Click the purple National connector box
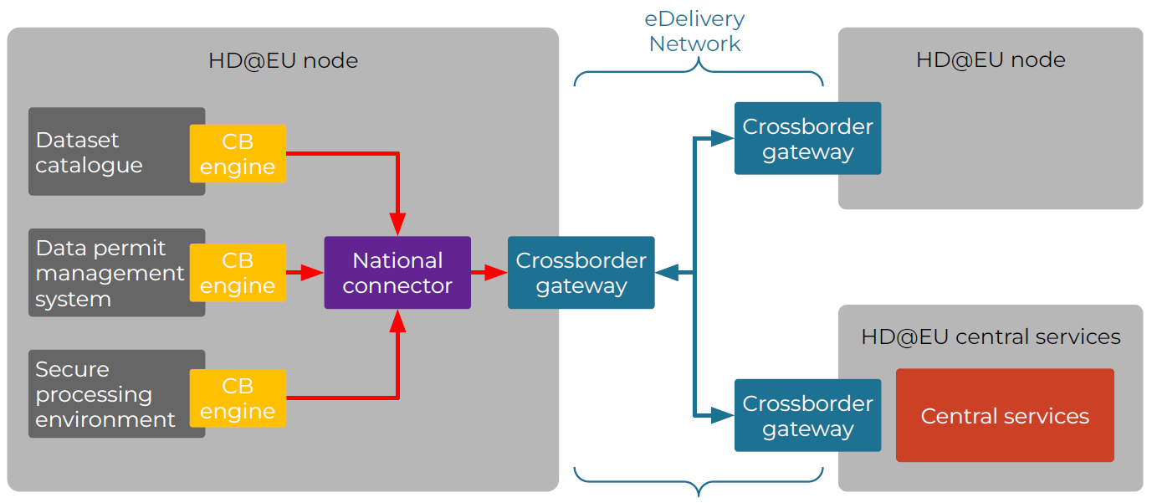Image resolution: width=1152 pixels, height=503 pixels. tap(397, 273)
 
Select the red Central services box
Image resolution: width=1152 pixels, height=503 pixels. tap(1005, 415)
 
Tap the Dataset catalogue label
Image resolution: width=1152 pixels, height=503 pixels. tap(89, 152)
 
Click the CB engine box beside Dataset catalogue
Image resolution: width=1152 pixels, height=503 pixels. tap(238, 153)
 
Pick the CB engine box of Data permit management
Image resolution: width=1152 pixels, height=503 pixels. tap(238, 273)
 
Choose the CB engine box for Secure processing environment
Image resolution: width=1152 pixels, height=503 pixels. tap(238, 398)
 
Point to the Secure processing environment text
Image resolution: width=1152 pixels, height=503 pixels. tap(105, 394)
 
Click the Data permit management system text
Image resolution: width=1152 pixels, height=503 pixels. tap(110, 273)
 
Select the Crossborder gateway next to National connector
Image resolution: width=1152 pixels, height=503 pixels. tap(581, 273)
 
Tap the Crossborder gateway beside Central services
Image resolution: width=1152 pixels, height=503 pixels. tap(807, 415)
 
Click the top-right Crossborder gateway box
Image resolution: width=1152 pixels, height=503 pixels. tap(807, 138)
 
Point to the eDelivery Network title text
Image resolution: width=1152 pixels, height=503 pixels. tap(694, 32)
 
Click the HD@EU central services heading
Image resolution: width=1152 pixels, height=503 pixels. tap(991, 336)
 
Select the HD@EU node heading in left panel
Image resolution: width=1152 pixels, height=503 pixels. tap(283, 60)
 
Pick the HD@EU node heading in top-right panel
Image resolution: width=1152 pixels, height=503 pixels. tap(991, 59)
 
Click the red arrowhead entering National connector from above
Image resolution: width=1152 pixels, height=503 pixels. tap(398, 224)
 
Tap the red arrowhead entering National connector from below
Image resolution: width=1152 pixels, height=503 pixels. tap(398, 321)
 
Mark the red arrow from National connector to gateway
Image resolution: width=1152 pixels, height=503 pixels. tap(489, 273)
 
